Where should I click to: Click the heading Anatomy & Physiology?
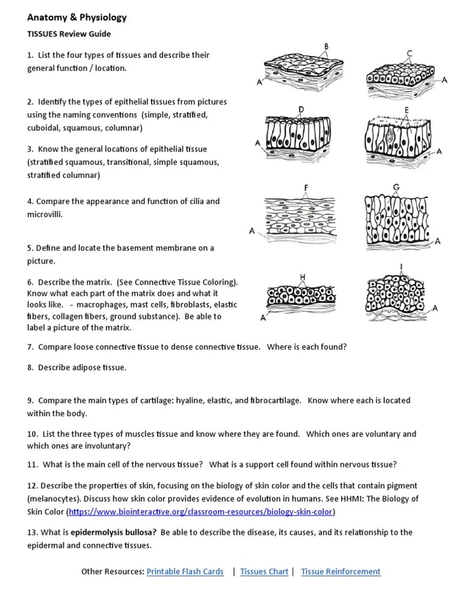76,18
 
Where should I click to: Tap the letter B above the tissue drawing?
326,46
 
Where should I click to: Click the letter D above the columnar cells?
301,108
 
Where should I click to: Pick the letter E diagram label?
407,109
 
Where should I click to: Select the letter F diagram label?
306,188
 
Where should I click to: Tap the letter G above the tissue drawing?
396,188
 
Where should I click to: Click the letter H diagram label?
302,276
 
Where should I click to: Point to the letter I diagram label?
401,265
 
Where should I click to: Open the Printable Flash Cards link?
185,571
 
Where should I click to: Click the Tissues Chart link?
264,571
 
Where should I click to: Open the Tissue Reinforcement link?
340,571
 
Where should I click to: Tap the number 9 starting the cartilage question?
30,400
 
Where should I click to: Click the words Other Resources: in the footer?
112,571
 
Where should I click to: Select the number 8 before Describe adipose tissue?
30,368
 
